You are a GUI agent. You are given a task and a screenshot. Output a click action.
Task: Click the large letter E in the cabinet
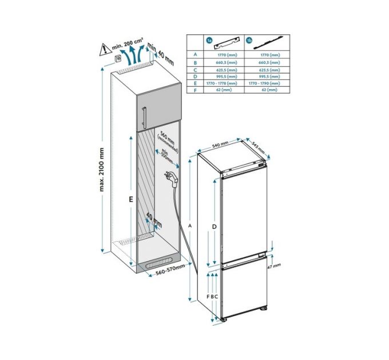[131, 200]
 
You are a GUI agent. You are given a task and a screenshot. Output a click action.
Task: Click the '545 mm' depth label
[257, 147]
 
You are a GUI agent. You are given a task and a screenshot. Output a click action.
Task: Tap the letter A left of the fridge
[189, 226]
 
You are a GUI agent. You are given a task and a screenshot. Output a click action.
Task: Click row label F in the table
[195, 90]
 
